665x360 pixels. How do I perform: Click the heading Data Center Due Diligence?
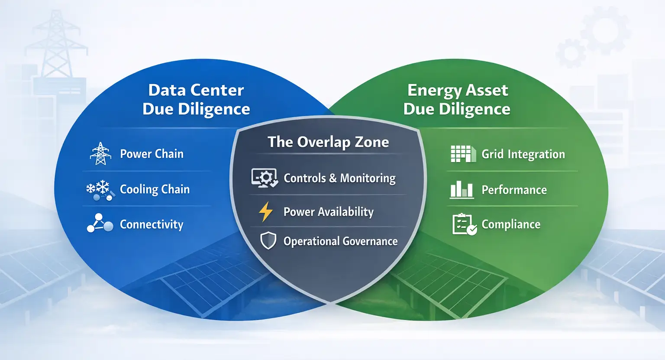tap(196, 100)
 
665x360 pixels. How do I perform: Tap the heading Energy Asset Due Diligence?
tap(457, 100)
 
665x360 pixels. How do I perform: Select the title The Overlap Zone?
tap(328, 142)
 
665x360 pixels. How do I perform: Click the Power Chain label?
tap(152, 154)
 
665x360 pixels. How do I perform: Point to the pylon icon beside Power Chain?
tap(100, 154)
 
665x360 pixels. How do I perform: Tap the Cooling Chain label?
tap(155, 189)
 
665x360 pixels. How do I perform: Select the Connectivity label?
tap(152, 224)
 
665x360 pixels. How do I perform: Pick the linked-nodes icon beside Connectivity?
tap(100, 224)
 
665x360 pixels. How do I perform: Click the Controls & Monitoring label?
tap(339, 178)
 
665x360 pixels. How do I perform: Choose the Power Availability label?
tap(328, 212)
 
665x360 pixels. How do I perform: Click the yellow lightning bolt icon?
tap(265, 212)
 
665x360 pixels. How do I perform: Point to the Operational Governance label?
tap(340, 241)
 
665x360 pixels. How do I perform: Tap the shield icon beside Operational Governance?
tap(268, 240)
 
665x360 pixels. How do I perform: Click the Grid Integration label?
tap(523, 154)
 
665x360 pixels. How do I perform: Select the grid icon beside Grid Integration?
tap(463, 154)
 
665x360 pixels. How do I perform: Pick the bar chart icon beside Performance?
tap(462, 190)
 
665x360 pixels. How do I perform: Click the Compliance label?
tap(511, 224)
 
